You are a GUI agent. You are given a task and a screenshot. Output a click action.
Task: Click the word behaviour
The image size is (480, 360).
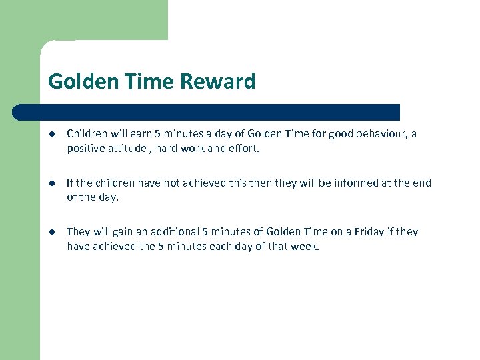[378, 133]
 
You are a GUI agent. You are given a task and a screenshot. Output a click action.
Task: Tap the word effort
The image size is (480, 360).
[242, 149]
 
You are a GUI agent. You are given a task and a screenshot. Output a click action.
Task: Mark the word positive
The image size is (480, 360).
[86, 149]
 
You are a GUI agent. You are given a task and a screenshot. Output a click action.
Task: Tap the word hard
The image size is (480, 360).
[166, 149]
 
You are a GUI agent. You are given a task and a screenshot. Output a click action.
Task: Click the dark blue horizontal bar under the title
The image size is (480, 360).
[207, 111]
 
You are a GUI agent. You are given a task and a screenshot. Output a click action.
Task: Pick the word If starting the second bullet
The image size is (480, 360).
[69, 183]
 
